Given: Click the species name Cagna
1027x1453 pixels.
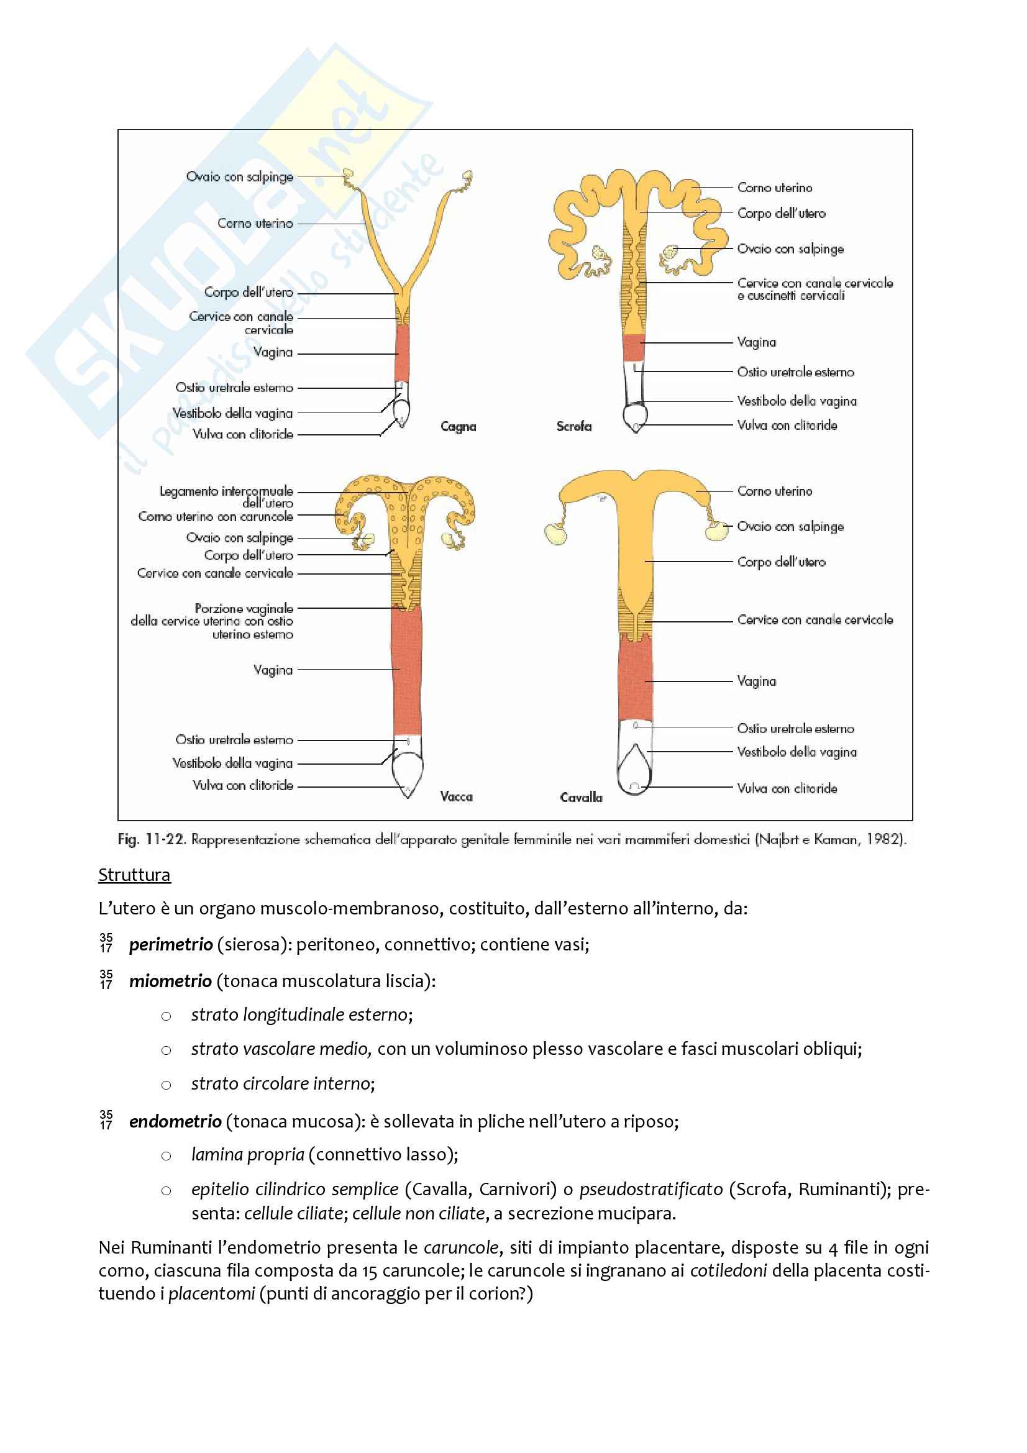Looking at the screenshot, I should click(458, 427).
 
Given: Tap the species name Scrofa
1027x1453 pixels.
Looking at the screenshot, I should click(574, 427).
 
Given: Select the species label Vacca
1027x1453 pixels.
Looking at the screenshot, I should click(456, 796).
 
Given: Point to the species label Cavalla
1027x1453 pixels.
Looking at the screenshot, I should click(581, 798).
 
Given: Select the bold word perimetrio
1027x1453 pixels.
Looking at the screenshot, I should click(171, 945).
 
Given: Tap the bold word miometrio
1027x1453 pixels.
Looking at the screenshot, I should click(170, 981).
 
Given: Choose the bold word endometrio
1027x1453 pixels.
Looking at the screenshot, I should click(175, 1121).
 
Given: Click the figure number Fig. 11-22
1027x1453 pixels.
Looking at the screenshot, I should click(151, 839).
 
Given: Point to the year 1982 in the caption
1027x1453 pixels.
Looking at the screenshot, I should click(884, 839).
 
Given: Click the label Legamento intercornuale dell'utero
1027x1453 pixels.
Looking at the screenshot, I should click(226, 497).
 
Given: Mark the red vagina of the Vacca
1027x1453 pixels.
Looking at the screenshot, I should click(406, 671).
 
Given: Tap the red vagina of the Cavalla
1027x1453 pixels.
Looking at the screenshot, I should click(635, 680).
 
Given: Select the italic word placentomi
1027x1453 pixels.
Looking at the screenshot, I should click(211, 1293).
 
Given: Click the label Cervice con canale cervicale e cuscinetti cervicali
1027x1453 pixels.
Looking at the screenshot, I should click(815, 289).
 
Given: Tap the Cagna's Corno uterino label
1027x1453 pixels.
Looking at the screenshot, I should click(255, 224).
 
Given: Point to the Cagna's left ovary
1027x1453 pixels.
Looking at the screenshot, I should click(348, 173).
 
